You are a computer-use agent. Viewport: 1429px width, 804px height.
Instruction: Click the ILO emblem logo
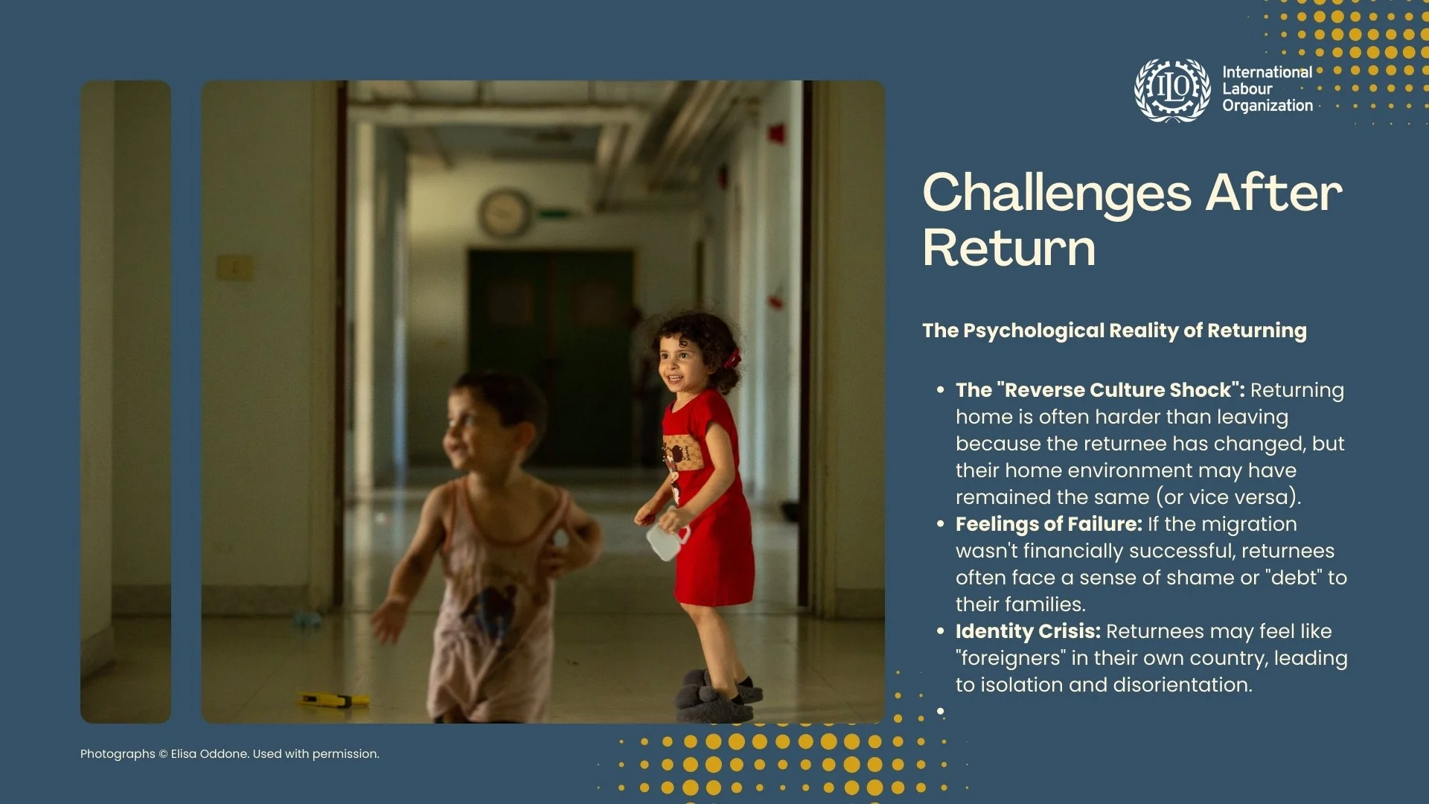point(1172,90)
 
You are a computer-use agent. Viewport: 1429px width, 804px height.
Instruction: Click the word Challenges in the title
point(1057,193)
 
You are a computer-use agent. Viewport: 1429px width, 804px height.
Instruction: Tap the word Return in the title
point(1008,248)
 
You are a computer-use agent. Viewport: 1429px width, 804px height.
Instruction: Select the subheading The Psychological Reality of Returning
point(1114,331)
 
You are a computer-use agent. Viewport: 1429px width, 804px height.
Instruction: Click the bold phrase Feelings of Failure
point(1049,524)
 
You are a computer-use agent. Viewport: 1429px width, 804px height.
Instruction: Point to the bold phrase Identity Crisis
point(1028,631)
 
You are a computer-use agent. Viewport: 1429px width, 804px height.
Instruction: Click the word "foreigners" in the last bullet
point(1011,658)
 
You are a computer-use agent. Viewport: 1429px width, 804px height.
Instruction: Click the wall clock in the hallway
point(505,213)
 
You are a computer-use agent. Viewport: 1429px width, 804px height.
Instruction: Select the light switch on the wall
point(234,267)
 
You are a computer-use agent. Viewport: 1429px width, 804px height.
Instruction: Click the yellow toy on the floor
point(333,700)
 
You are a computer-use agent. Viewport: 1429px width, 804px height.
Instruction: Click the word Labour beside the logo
point(1247,89)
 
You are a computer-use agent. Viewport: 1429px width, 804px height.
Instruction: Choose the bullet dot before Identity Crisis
point(940,631)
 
